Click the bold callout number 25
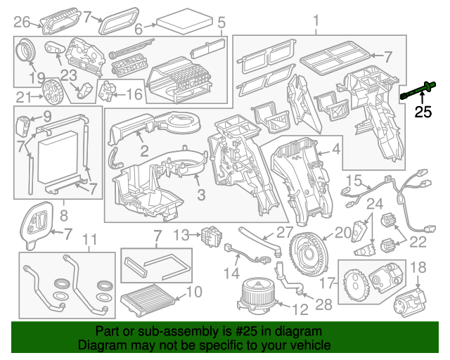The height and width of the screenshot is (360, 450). click(x=423, y=111)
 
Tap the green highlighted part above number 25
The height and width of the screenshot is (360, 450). click(x=418, y=90)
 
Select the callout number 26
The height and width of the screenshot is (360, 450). click(x=22, y=20)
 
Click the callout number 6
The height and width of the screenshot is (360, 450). click(x=139, y=29)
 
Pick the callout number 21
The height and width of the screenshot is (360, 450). click(x=24, y=97)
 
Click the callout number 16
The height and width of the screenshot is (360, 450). click(x=134, y=94)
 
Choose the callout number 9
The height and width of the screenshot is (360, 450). click(x=47, y=115)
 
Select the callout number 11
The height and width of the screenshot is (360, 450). click(x=89, y=242)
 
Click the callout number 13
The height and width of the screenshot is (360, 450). click(x=182, y=234)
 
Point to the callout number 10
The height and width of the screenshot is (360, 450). click(x=193, y=291)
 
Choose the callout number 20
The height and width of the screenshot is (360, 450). click(x=342, y=232)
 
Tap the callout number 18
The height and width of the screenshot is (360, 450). click(x=418, y=267)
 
